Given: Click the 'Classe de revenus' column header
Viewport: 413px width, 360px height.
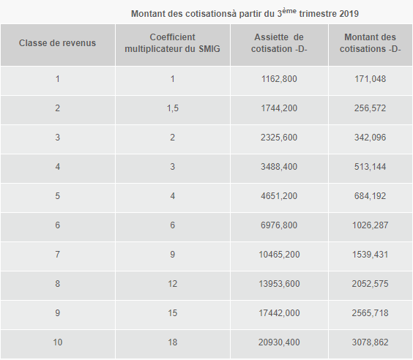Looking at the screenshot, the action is pyautogui.click(x=57, y=43).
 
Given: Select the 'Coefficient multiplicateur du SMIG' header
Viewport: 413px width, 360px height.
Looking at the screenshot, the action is pyautogui.click(x=173, y=43).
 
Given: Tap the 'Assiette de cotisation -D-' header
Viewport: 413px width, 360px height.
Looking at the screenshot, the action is pyautogui.click(x=279, y=43).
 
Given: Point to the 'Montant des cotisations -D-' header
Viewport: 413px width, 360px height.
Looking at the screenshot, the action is pyautogui.click(x=370, y=43).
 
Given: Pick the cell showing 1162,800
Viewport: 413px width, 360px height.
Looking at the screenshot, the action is pyautogui.click(x=279, y=79).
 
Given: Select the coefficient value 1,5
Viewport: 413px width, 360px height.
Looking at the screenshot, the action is pyautogui.click(x=173, y=108).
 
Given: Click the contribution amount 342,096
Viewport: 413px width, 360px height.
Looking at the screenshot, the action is pyautogui.click(x=370, y=138).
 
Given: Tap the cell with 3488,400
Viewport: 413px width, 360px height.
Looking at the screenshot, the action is pyautogui.click(x=279, y=167).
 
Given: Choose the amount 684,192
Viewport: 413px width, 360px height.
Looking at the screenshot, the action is pyautogui.click(x=370, y=196).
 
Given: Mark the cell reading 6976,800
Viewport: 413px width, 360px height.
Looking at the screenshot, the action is pyautogui.click(x=279, y=225).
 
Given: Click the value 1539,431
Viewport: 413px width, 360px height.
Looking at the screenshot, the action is pyautogui.click(x=370, y=255).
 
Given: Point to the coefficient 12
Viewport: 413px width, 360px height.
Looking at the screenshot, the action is pyautogui.click(x=173, y=284).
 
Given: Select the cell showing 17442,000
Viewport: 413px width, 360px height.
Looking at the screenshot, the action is pyautogui.click(x=279, y=313).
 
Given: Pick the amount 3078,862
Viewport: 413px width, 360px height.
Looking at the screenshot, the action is pyautogui.click(x=370, y=342).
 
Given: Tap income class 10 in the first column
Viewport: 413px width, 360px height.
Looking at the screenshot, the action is pyautogui.click(x=57, y=342).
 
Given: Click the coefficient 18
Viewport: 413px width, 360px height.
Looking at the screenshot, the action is pyautogui.click(x=173, y=342).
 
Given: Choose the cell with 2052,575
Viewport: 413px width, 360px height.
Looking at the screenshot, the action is pyautogui.click(x=370, y=284).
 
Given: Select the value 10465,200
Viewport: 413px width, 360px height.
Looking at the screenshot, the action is pyautogui.click(x=279, y=255).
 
